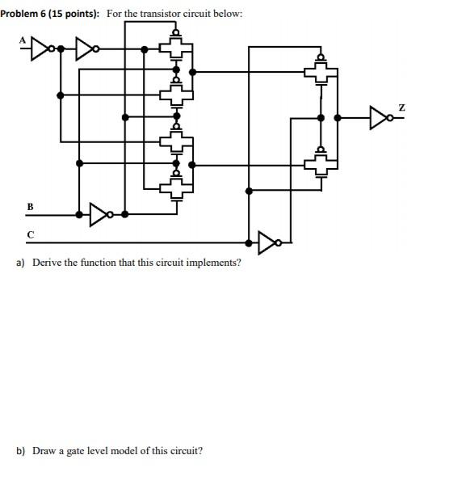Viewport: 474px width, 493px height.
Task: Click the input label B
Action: click(x=30, y=207)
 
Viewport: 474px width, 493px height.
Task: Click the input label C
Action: click(x=30, y=234)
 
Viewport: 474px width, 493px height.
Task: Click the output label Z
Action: click(x=400, y=107)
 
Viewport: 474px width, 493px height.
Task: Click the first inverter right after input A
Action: click(x=43, y=49)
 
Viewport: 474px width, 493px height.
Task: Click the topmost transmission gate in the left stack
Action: click(x=176, y=49)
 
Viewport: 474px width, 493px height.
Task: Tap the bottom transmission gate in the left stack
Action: click(x=176, y=188)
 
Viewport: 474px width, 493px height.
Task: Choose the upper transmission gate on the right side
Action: click(x=321, y=73)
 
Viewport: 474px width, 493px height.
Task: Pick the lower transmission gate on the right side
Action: click(x=321, y=165)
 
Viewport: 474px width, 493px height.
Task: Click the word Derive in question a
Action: click(x=47, y=263)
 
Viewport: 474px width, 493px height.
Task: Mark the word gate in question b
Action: click(x=79, y=450)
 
